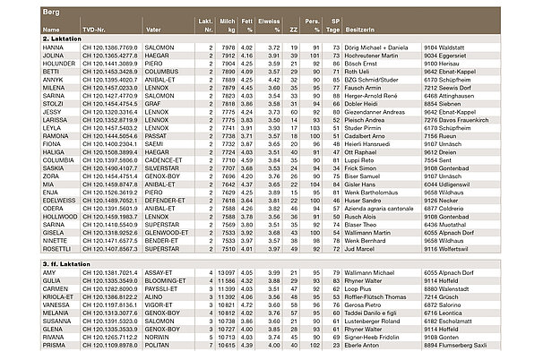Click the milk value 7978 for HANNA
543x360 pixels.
pos(228,47)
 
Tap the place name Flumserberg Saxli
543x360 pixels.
pos(479,345)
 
